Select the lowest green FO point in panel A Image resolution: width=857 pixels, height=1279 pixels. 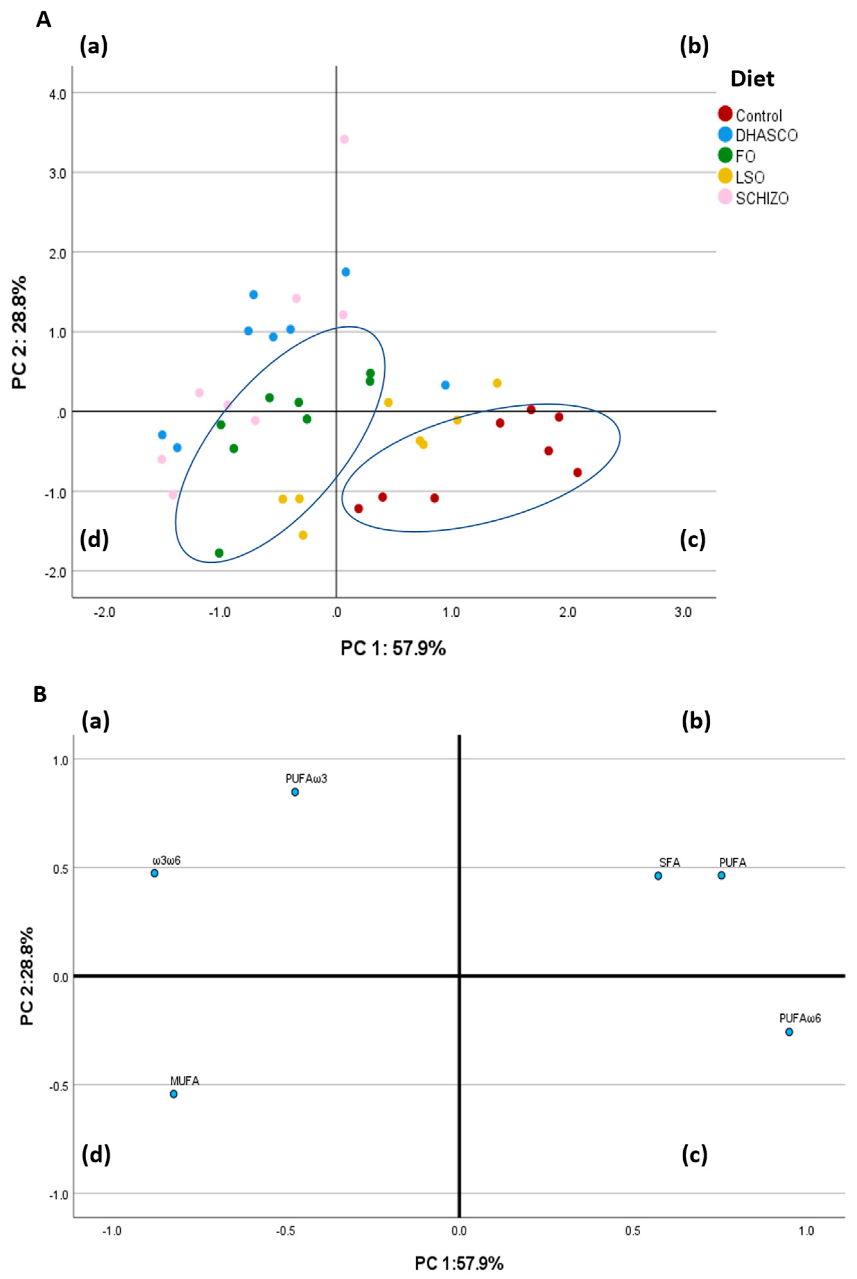pos(219,553)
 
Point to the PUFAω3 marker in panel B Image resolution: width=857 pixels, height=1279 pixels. pos(295,792)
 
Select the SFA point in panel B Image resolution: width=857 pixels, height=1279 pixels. pos(658,876)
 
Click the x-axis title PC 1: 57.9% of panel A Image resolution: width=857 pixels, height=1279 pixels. pos(393,648)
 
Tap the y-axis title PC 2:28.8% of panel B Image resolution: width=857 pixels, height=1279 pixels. pos(26,976)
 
